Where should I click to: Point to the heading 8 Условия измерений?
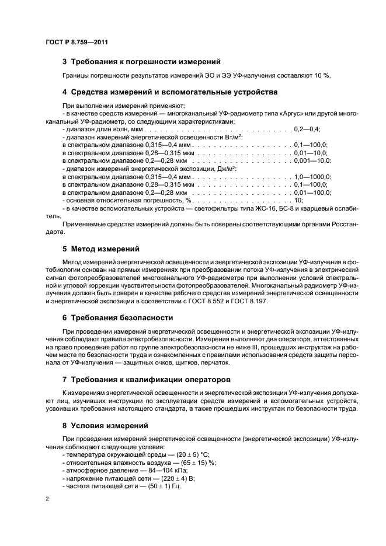[x=105, y=425]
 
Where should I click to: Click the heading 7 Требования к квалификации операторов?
[x=146, y=379]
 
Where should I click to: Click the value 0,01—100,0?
[x=312, y=192]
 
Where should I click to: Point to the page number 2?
[x=48, y=499]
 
